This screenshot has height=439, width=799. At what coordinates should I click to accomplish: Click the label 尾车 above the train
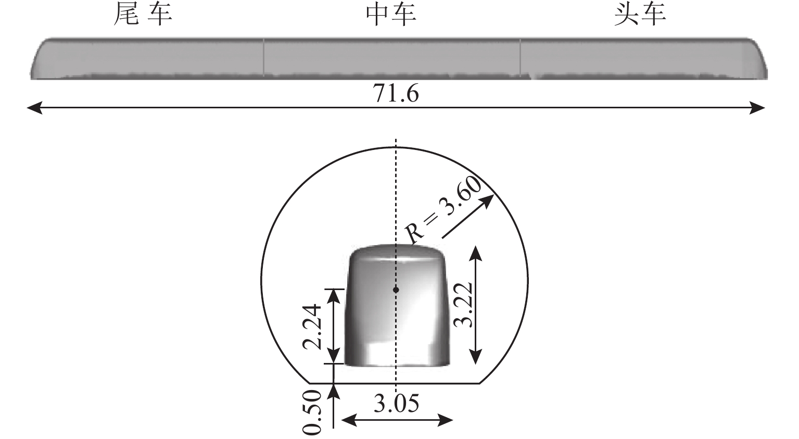tap(143, 15)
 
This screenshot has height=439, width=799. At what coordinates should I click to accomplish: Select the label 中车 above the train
tap(391, 15)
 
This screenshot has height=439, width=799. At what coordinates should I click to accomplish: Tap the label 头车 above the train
tap(640, 15)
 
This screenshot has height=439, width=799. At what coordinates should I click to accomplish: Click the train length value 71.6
tap(396, 94)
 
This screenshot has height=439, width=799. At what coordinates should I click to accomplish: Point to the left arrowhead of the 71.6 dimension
tap(34, 107)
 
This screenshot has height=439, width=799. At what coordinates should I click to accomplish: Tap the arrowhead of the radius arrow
tap(488, 200)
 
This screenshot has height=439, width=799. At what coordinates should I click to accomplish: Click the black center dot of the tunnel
tap(396, 290)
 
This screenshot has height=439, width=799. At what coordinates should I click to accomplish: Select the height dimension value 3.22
tap(464, 305)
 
